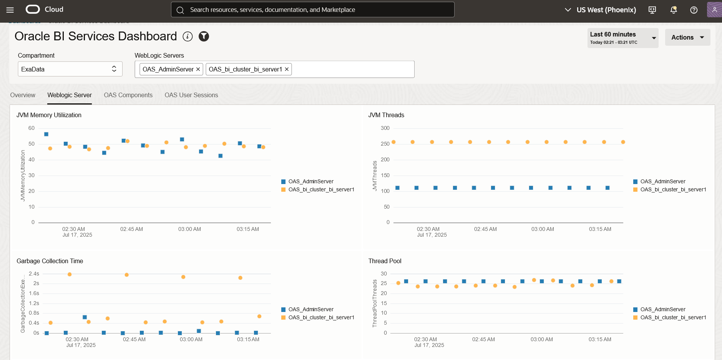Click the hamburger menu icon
coord(10,10)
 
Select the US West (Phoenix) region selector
coord(600,10)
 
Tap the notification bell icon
coord(673,10)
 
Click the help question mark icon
coord(694,10)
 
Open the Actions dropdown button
coord(687,37)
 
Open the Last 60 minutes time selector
coord(622,38)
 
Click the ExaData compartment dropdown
coord(70,69)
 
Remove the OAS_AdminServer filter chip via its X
coord(198,69)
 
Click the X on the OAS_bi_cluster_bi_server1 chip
coord(287,69)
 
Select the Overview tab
coord(23,95)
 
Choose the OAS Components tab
coord(128,95)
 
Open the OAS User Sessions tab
coord(191,95)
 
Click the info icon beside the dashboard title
coord(188,36)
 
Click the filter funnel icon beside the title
coord(204,36)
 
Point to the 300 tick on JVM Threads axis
coord(385,128)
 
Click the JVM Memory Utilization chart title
coord(49,115)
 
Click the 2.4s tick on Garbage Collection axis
coord(34,274)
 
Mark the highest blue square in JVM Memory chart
coord(46,134)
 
